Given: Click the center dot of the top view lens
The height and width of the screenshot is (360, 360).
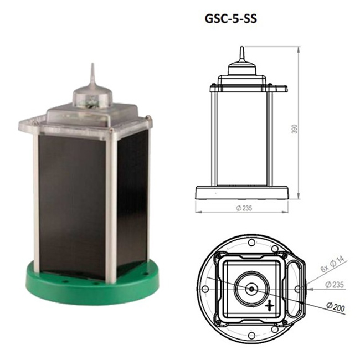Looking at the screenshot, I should [251, 289].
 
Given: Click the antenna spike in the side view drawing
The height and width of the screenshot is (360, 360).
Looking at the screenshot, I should [241, 54].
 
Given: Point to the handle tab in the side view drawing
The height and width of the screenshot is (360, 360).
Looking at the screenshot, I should [280, 88].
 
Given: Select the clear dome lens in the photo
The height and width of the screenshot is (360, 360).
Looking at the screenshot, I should [92, 99].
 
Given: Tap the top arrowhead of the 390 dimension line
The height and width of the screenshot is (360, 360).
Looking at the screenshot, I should [299, 49].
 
